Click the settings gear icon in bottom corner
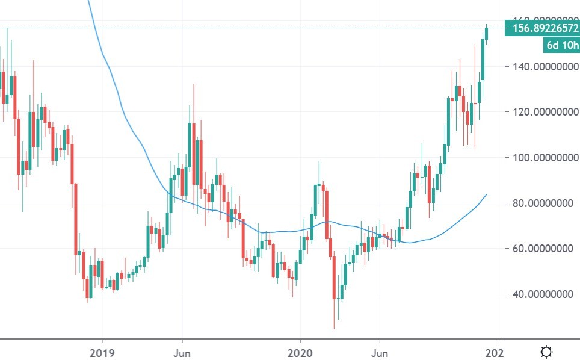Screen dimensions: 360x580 pyautogui.click(x=546, y=351)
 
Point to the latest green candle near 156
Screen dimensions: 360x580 pyautogui.click(x=487, y=33)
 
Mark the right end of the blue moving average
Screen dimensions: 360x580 pyautogui.click(x=486, y=194)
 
